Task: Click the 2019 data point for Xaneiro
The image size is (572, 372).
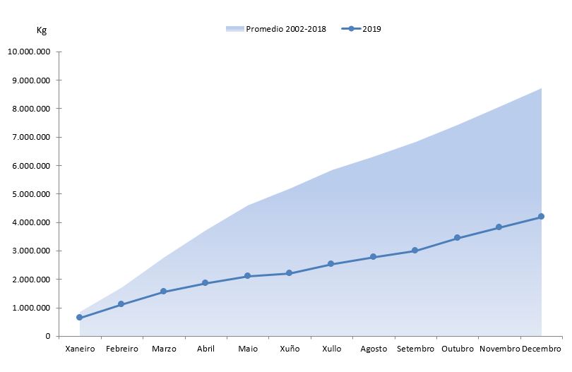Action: pyautogui.click(x=79, y=318)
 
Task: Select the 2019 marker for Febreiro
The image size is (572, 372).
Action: pyautogui.click(x=121, y=304)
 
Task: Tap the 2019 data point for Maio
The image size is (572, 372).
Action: pyautogui.click(x=247, y=276)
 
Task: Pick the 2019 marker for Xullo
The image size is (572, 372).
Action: pyautogui.click(x=331, y=264)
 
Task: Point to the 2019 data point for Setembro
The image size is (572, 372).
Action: pyautogui.click(x=415, y=251)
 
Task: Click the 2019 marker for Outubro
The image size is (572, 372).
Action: pyautogui.click(x=457, y=238)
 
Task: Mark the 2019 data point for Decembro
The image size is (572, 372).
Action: pyautogui.click(x=541, y=217)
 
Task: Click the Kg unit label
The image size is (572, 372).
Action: pyautogui.click(x=42, y=30)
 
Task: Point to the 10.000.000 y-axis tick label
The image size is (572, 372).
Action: pyautogui.click(x=29, y=52)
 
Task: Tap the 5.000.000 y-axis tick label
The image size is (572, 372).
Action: pyautogui.click(x=31, y=194)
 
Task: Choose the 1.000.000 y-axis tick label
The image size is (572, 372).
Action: pyautogui.click(x=31, y=308)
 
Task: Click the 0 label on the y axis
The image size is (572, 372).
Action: pyautogui.click(x=47, y=336)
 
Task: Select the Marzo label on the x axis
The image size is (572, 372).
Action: pyautogui.click(x=164, y=349)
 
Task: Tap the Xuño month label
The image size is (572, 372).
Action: pyautogui.click(x=289, y=349)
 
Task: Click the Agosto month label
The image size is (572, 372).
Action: pyautogui.click(x=373, y=349)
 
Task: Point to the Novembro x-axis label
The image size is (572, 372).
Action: pyautogui.click(x=499, y=349)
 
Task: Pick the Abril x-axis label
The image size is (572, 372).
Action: pyautogui.click(x=205, y=349)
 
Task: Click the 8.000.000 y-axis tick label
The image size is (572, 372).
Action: pyautogui.click(x=31, y=109)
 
